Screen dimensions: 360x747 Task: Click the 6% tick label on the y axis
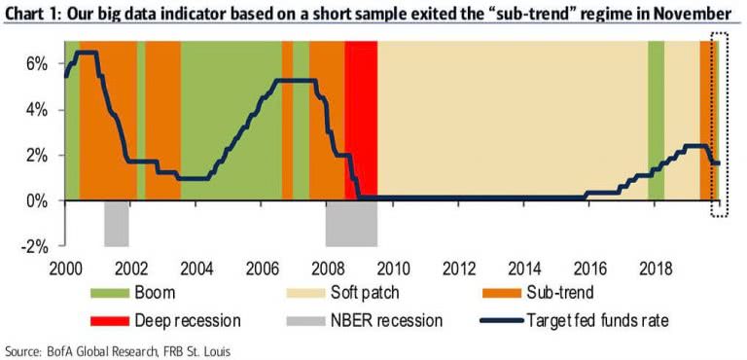37,63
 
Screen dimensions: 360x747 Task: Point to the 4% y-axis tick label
37,109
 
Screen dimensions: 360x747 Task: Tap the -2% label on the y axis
35,247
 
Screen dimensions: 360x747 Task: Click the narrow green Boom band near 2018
657,97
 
